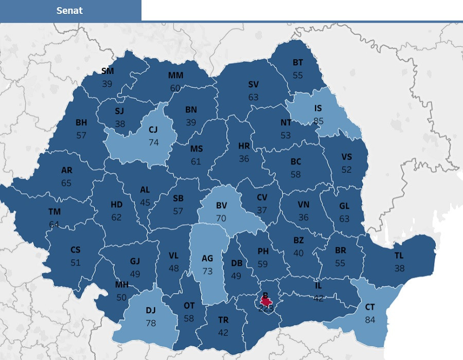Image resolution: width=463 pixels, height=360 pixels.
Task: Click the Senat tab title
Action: pos(69,11)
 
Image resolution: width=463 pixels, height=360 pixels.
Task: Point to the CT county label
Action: pos(370,308)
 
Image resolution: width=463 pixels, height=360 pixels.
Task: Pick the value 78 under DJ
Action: pos(150,322)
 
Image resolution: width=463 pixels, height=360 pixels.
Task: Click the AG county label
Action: pos(207,259)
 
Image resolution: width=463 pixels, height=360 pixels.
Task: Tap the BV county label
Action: pos(221,206)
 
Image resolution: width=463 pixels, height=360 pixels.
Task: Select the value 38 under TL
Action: pos(399,268)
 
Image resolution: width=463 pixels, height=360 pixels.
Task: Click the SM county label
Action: pos(108,71)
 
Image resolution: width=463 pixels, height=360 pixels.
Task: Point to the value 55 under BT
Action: pos(298,75)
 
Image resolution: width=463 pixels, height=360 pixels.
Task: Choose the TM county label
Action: pos(55,212)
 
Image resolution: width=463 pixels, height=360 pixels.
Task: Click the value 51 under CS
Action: pos(76,262)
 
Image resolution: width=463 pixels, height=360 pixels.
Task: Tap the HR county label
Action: pos(244,147)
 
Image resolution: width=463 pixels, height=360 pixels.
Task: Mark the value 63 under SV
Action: pos(253,97)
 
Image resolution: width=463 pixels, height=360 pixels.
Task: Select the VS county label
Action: pos(347,157)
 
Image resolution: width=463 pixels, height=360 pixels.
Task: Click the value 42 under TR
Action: pos(223,332)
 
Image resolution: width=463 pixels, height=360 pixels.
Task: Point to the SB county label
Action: pos(178,199)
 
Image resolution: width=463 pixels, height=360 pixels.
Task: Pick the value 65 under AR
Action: pos(66,183)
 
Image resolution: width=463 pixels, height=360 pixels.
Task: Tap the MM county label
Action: pos(175,76)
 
